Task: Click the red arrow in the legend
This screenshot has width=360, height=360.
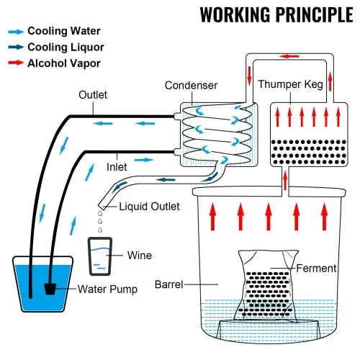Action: pyautogui.click(x=15, y=63)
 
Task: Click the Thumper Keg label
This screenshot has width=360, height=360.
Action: pyautogui.click(x=292, y=85)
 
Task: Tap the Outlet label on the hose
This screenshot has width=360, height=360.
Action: pyautogui.click(x=93, y=95)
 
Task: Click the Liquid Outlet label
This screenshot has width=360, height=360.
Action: pyautogui.click(x=149, y=207)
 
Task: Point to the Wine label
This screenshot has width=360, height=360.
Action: pyautogui.click(x=139, y=254)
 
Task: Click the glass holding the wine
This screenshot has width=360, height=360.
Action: pyautogui.click(x=100, y=256)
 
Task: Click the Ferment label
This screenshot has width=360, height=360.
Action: pyautogui.click(x=316, y=269)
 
